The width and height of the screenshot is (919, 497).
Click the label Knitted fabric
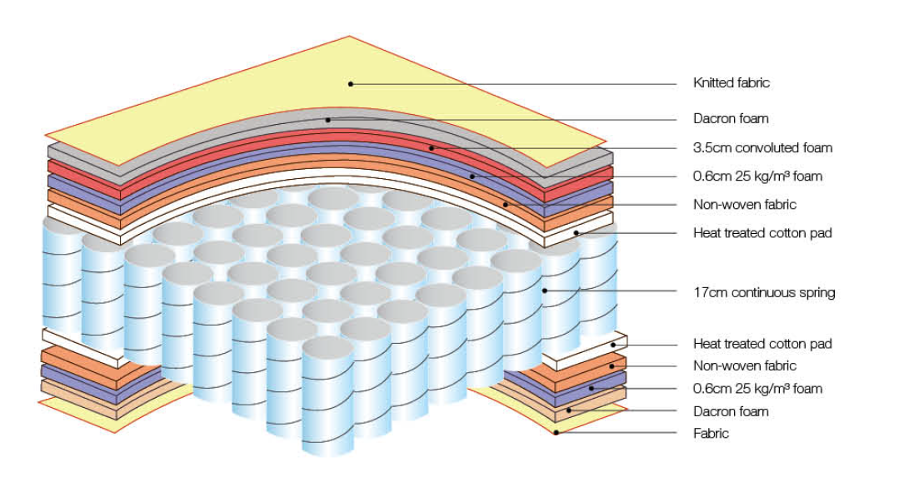(x=732, y=82)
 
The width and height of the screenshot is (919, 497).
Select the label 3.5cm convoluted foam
(x=762, y=148)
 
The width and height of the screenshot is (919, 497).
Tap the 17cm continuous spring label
(x=763, y=292)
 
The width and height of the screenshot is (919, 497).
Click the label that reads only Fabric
(x=711, y=433)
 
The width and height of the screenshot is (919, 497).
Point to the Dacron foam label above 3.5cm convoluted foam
(x=731, y=118)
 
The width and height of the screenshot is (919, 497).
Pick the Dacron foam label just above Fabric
(x=731, y=411)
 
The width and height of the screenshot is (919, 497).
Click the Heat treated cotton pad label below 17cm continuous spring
(x=762, y=343)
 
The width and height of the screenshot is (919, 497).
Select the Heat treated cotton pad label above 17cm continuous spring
(x=762, y=232)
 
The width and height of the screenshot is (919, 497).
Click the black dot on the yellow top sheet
(x=351, y=83)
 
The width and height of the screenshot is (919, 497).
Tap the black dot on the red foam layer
(x=432, y=148)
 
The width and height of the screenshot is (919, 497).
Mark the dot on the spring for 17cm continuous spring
(x=544, y=291)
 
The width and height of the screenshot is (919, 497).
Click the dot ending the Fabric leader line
(x=556, y=432)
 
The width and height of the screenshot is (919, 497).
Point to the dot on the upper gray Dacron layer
(x=328, y=120)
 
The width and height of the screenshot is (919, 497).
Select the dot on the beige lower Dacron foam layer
(x=569, y=410)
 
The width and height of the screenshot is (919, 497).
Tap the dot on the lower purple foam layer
(x=591, y=388)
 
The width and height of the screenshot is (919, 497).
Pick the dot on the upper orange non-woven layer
(x=505, y=204)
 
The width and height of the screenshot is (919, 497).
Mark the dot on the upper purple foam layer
(x=472, y=176)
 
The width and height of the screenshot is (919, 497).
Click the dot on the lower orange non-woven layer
(x=611, y=365)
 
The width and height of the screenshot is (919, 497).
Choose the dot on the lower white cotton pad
(x=614, y=343)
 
